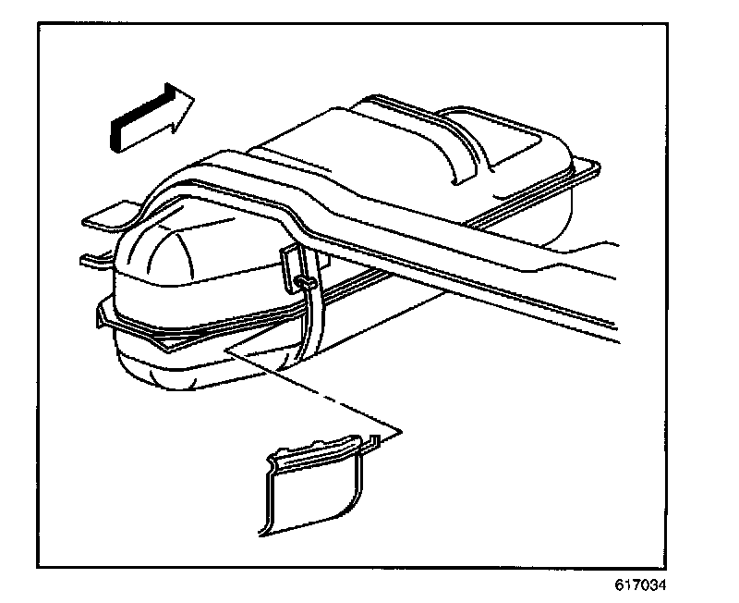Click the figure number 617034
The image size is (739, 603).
click(x=637, y=585)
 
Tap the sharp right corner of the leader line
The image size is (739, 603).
click(x=403, y=431)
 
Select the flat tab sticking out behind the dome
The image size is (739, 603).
click(x=106, y=220)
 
